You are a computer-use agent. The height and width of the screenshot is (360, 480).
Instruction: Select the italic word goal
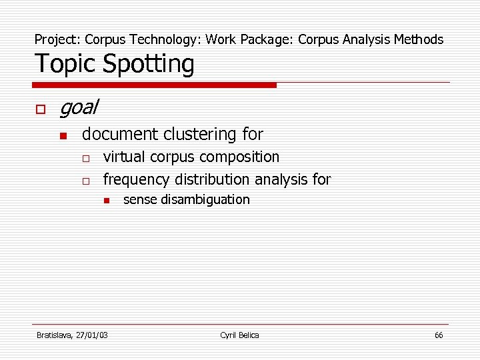point(79,107)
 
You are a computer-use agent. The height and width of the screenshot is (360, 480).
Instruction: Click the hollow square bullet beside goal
point(40,108)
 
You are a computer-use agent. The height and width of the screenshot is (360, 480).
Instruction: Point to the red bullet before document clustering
point(63,136)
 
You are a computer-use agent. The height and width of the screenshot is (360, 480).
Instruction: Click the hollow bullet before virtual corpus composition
point(86,159)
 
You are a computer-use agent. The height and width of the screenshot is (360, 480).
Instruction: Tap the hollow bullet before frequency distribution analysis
point(86,181)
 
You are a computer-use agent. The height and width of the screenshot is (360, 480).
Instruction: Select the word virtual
point(125,157)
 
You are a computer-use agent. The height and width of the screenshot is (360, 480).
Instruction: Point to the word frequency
point(137,180)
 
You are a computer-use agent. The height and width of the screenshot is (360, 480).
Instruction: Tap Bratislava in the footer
point(55,335)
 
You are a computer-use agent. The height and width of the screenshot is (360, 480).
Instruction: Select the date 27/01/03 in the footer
point(93,335)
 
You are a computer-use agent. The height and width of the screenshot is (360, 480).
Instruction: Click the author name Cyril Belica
point(239,335)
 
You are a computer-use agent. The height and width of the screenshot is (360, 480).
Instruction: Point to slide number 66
point(439,335)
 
